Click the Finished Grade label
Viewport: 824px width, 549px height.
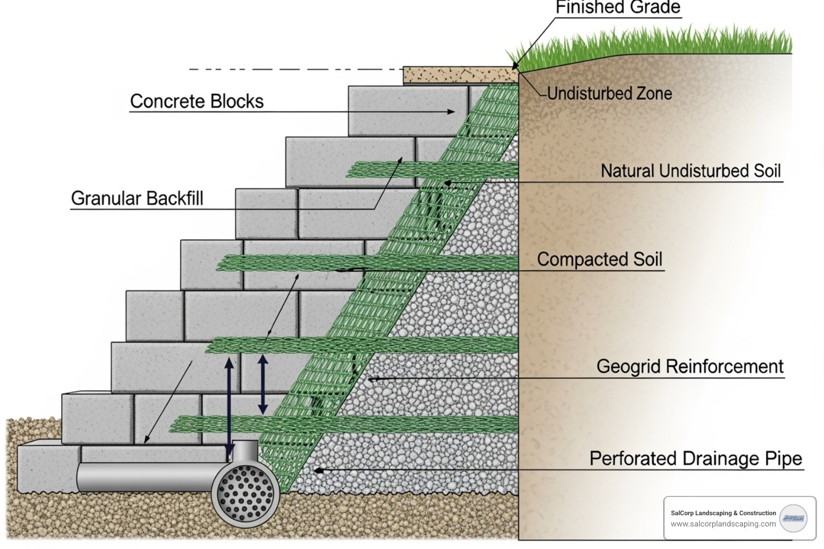click(617, 8)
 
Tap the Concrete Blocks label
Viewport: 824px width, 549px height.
click(197, 101)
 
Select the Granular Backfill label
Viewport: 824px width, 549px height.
click(137, 198)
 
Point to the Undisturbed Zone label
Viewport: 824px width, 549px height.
click(609, 93)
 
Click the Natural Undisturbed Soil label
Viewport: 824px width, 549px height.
click(690, 171)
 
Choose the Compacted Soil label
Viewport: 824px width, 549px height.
click(600, 259)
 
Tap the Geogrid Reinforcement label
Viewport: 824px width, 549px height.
click(690, 367)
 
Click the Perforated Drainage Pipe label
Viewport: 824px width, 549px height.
click(696, 459)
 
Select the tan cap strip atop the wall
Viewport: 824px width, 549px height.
click(460, 75)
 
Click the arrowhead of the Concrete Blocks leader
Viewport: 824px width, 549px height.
click(451, 112)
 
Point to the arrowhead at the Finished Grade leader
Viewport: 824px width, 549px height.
click(515, 66)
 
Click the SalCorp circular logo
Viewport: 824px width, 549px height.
click(793, 518)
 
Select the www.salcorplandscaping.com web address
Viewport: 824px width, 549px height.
click(723, 524)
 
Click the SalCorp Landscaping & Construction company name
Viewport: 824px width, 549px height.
click(723, 513)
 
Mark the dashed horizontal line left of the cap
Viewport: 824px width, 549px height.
click(295, 69)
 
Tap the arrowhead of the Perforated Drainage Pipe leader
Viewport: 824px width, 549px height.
click(318, 470)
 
